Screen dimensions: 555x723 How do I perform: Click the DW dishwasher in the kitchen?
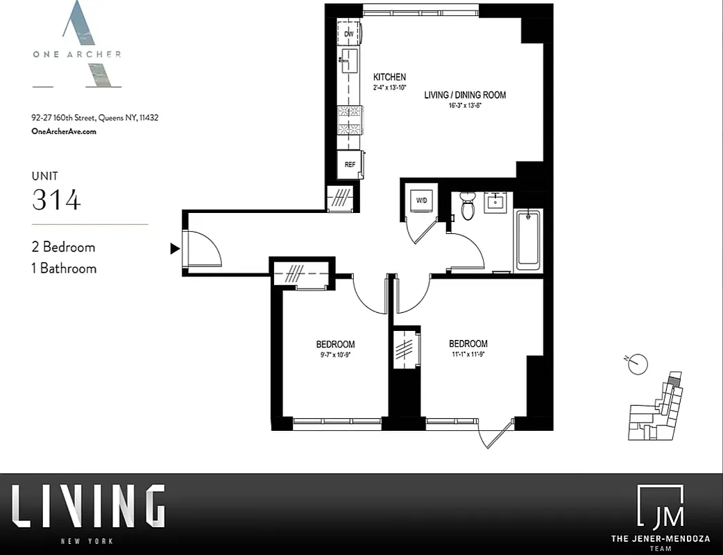[x=349, y=33]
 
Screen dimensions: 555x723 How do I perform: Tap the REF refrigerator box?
[x=350, y=164]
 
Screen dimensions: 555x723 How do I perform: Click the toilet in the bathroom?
[x=468, y=206]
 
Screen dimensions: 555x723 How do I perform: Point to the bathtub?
[x=528, y=240]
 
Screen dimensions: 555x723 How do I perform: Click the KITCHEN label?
[x=389, y=77]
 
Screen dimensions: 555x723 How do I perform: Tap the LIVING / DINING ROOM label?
[x=465, y=95]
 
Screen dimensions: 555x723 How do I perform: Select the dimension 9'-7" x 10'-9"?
[x=335, y=355]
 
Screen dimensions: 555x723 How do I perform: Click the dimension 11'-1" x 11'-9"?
[x=468, y=354]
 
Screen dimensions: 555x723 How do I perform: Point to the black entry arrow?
[x=175, y=248]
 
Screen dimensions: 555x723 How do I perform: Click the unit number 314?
[x=56, y=200]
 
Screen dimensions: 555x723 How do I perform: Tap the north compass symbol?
[x=637, y=363]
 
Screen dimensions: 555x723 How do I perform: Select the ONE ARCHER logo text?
[x=76, y=54]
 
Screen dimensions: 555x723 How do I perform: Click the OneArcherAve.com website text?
[x=64, y=131]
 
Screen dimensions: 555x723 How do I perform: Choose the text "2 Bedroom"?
[x=64, y=247]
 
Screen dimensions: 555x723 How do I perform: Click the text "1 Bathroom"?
[x=65, y=268]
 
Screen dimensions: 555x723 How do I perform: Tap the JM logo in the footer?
[x=660, y=507]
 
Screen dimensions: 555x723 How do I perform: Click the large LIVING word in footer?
[x=88, y=506]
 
